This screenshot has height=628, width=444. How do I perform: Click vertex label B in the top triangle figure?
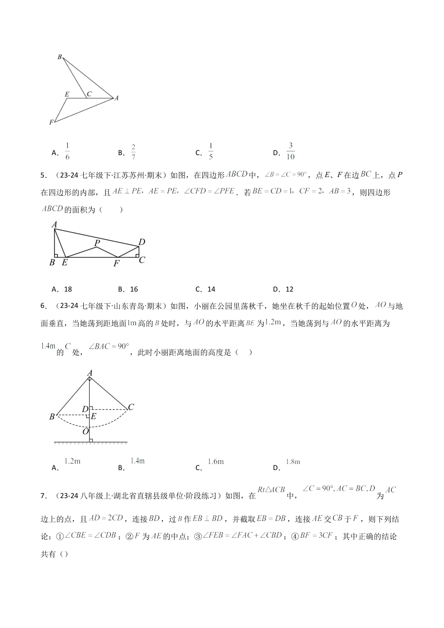(x=59, y=57)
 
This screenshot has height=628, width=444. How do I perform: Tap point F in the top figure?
(x=51, y=122)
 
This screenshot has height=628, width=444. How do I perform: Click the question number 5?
(x=43, y=176)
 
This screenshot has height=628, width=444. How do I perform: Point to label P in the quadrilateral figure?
(x=97, y=243)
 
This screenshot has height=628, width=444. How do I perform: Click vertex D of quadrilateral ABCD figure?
(x=142, y=242)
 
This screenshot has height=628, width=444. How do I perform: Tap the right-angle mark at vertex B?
(x=56, y=255)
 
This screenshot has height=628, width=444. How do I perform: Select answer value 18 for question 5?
(x=68, y=289)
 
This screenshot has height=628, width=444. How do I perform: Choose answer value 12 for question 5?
(x=289, y=289)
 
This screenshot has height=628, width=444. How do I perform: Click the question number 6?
(x=43, y=306)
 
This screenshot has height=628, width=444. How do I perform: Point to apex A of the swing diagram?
(x=90, y=372)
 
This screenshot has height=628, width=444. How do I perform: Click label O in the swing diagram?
(x=86, y=432)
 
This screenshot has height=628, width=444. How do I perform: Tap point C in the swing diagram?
(x=131, y=407)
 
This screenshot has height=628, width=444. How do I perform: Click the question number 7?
(x=43, y=496)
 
